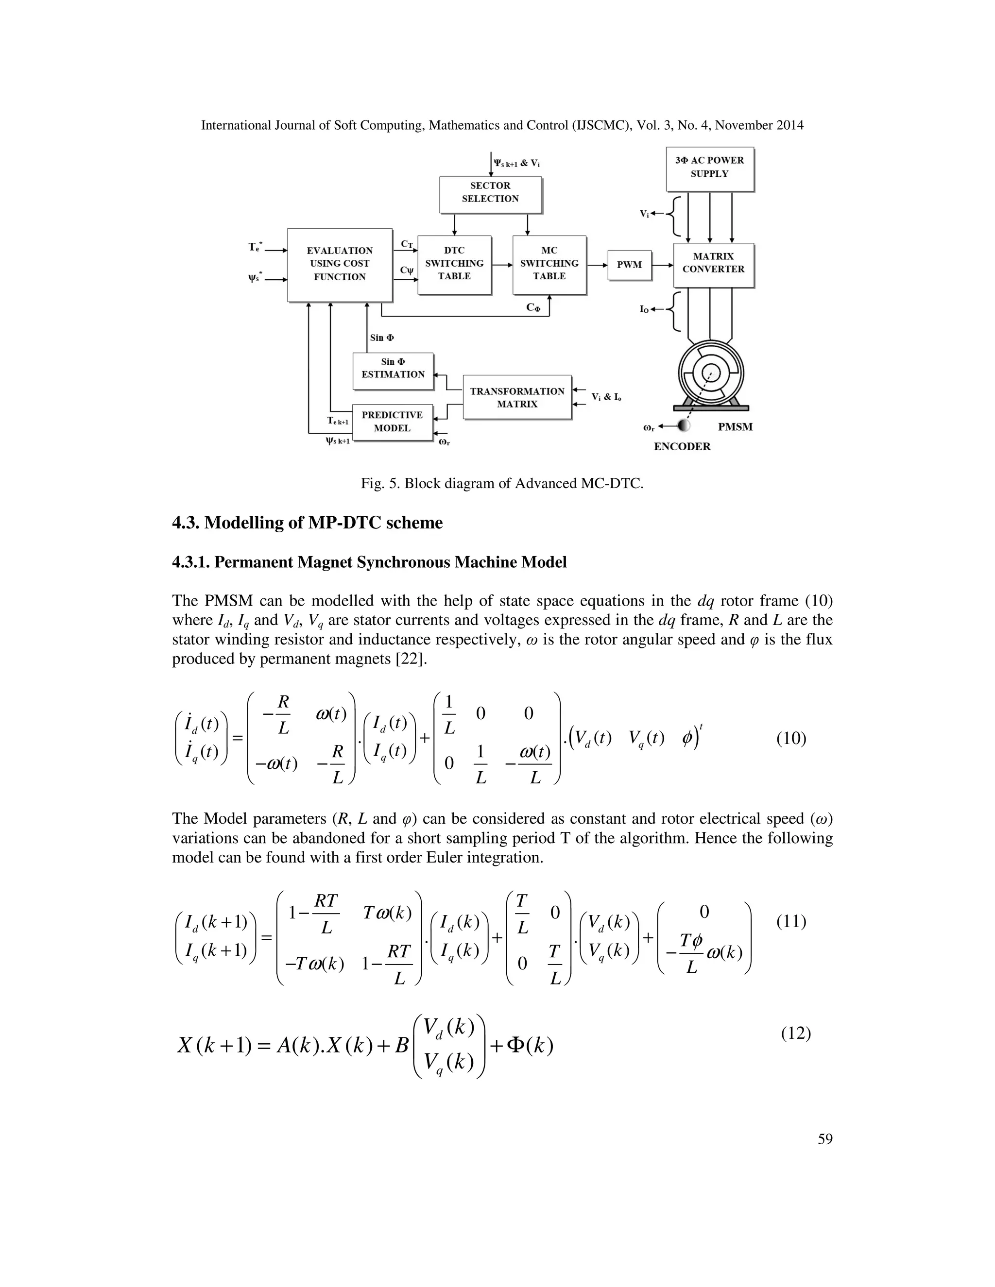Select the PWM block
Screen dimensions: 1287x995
[x=629, y=265]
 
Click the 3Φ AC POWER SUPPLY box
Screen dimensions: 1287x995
[x=709, y=168]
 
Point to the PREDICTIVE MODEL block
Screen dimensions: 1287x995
[x=392, y=422]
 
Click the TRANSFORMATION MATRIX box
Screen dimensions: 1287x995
[x=517, y=397]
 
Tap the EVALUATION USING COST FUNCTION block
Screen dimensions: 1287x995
[x=340, y=264]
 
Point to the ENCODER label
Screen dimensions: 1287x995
[x=682, y=447]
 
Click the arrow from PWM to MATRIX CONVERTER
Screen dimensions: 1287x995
[x=663, y=265]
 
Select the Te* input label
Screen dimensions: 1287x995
[x=255, y=248]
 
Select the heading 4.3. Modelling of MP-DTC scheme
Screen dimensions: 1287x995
[x=307, y=523]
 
